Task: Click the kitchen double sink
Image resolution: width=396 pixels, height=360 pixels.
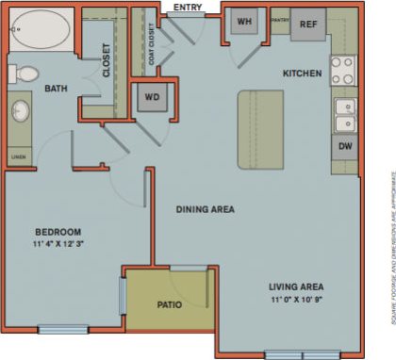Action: tap(344, 114)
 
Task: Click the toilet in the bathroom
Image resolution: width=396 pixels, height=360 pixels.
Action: tap(25, 73)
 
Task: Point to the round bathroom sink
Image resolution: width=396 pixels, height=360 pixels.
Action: tap(21, 112)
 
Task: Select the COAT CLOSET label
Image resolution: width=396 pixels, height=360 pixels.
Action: tap(147, 47)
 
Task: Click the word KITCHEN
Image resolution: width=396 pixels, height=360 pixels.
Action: tap(304, 73)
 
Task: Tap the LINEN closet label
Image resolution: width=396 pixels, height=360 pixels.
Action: tap(19, 156)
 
